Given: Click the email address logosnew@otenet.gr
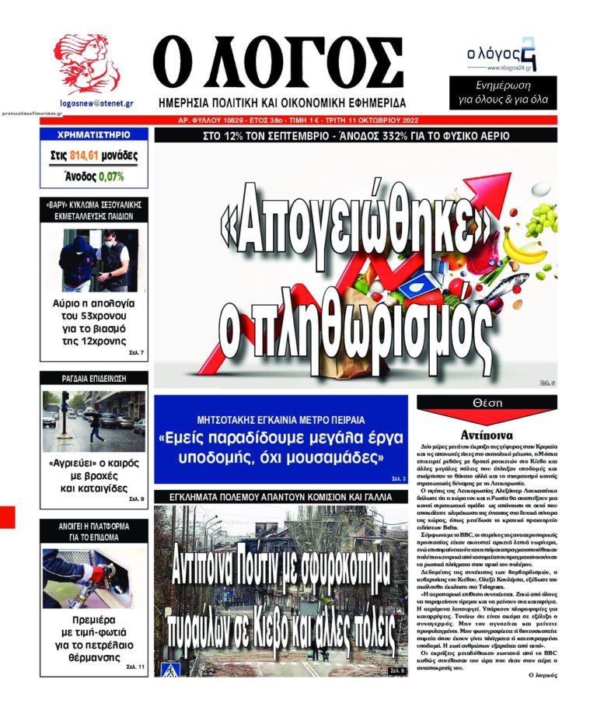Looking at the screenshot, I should pyautogui.click(x=96, y=103).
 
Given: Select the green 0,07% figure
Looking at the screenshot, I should pyautogui.click(x=111, y=177).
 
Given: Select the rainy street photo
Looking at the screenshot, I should pyautogui.click(x=94, y=421).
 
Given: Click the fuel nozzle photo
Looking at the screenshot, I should pyautogui.click(x=94, y=578).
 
